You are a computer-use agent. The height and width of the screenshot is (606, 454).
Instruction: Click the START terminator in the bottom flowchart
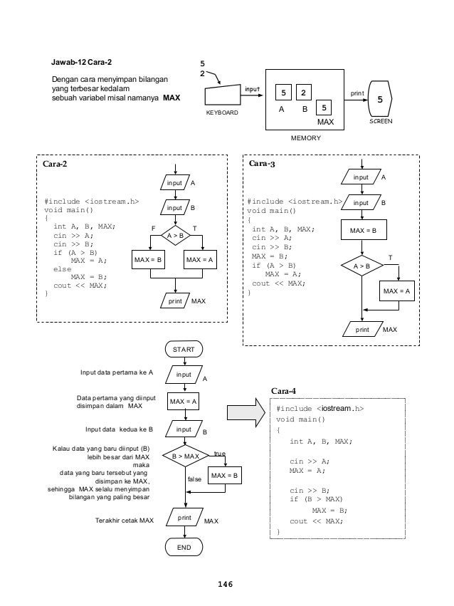tap(185, 349)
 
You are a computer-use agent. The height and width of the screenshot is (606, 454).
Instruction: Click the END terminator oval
tap(185, 546)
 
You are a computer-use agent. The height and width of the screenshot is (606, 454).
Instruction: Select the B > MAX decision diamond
tap(185, 456)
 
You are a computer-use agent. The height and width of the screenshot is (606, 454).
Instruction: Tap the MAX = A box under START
tap(185, 402)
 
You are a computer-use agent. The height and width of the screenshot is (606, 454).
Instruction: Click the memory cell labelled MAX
tap(324, 108)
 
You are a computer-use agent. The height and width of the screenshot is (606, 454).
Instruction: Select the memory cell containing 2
tap(303, 93)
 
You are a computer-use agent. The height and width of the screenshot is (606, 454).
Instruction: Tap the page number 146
tap(226, 584)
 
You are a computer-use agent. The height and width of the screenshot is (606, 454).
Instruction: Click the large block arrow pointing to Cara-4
tap(244, 413)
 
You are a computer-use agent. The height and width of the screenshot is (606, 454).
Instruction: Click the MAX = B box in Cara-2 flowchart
tap(149, 261)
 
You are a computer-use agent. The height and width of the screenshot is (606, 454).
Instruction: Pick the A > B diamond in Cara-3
tap(363, 266)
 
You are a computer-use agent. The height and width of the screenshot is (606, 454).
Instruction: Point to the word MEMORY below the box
tap(307, 138)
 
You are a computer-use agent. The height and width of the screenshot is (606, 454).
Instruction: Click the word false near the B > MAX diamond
tap(194, 480)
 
